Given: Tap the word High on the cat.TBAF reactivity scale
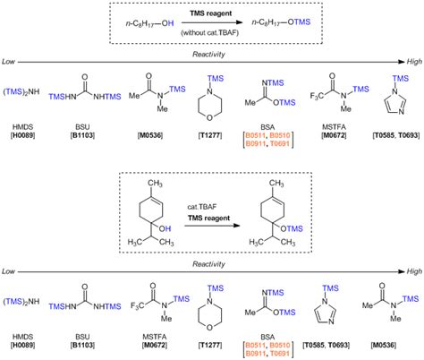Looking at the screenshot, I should [411, 269].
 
